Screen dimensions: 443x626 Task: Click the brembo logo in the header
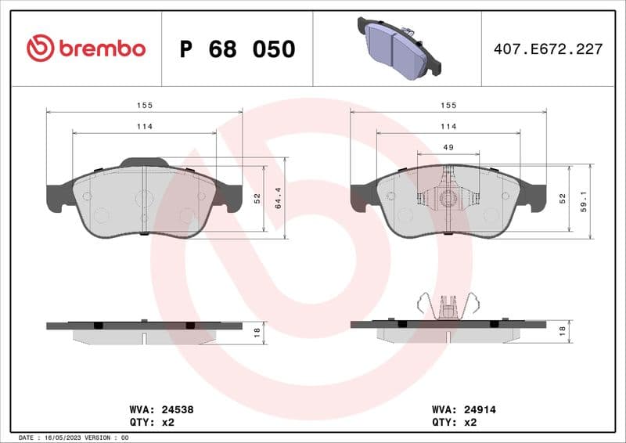click(86, 49)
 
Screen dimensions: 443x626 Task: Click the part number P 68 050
click(237, 49)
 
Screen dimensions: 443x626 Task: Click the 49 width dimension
click(448, 147)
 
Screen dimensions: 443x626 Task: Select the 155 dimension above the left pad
click(145, 105)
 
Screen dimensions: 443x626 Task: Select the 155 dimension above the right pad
click(448, 105)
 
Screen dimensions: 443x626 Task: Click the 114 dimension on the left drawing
click(145, 126)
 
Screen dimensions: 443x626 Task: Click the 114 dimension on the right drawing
click(448, 126)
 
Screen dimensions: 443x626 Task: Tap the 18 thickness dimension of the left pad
click(257, 332)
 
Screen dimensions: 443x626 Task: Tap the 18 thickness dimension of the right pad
click(561, 332)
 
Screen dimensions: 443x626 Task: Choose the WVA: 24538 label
click(160, 409)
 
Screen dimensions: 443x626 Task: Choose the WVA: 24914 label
click(464, 409)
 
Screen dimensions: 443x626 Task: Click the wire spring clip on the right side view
click(448, 305)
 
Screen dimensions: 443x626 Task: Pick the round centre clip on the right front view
click(448, 199)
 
